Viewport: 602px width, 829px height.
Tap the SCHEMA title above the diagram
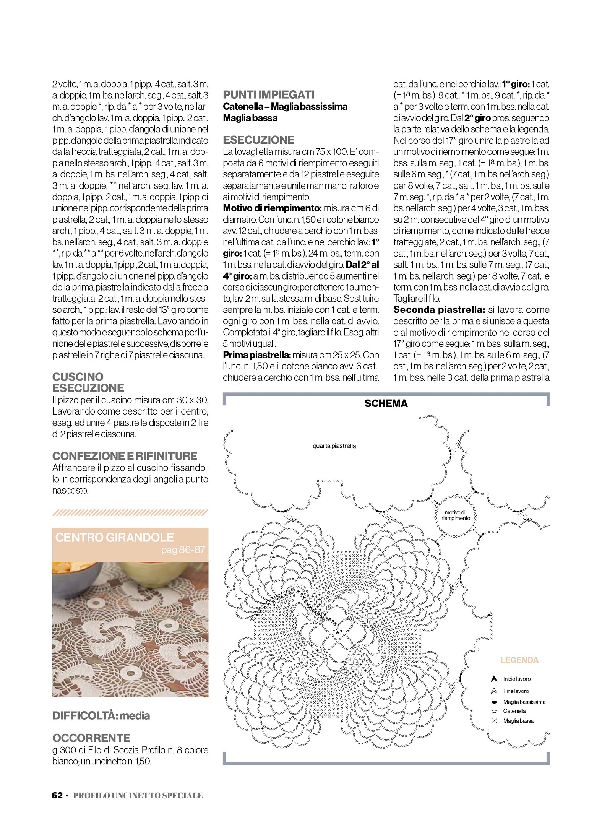coord(386,404)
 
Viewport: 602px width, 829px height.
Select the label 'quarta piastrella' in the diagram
coord(334,446)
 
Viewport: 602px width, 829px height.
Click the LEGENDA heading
coord(519,660)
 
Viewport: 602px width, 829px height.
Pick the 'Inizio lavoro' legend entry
coord(516,679)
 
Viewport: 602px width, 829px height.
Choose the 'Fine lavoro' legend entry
coord(516,691)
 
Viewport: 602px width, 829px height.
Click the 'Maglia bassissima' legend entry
coord(524,702)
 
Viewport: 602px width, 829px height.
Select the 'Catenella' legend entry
coord(514,711)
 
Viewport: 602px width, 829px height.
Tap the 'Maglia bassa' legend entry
coord(518,721)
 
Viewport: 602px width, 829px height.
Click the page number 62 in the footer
coord(57,795)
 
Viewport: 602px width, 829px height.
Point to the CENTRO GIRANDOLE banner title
coord(114,537)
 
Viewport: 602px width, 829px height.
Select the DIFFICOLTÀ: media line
coord(101,715)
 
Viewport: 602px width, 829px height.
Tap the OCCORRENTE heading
coord(91,738)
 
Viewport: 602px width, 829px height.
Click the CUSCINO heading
coord(78,377)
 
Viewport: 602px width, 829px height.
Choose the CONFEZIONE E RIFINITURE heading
coord(125,456)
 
